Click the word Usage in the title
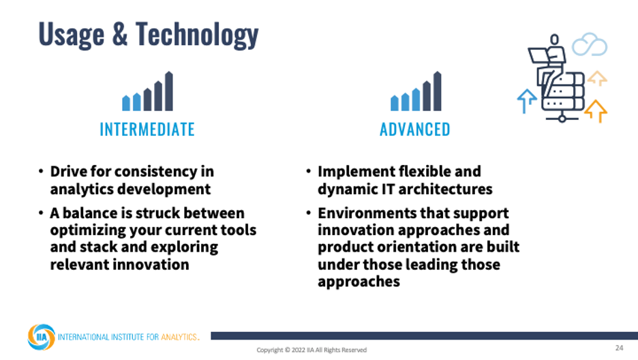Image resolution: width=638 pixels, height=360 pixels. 71,35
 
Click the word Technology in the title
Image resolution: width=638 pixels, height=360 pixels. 197,35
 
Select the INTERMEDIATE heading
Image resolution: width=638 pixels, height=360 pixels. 147,130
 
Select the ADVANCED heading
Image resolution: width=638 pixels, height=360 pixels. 415,130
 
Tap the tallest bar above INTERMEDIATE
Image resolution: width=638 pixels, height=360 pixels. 169,91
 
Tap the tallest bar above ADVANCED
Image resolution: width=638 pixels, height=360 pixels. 437,91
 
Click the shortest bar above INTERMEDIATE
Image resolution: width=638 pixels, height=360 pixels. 126,103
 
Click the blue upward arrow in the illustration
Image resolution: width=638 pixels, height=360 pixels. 526,100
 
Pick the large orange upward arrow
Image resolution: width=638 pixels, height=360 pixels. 596,110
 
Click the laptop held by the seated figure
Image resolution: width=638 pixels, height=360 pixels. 538,55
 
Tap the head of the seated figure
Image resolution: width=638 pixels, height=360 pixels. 554,40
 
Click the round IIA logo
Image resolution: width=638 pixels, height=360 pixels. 41,337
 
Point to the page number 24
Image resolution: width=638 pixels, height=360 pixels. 619,348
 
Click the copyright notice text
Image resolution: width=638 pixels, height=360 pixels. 312,350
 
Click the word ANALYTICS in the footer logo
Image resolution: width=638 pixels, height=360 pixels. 179,337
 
